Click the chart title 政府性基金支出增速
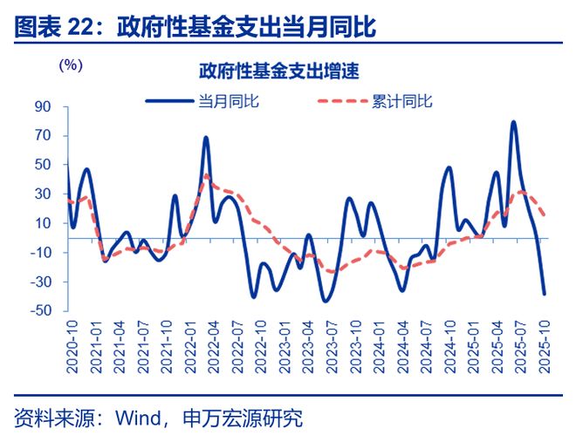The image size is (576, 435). point(279,69)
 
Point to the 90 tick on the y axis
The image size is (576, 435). point(43,106)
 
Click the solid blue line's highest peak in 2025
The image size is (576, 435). point(513,122)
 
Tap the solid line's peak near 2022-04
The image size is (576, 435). point(206,137)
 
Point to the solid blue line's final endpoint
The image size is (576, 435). point(545,294)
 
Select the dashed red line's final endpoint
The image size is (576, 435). point(545,214)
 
